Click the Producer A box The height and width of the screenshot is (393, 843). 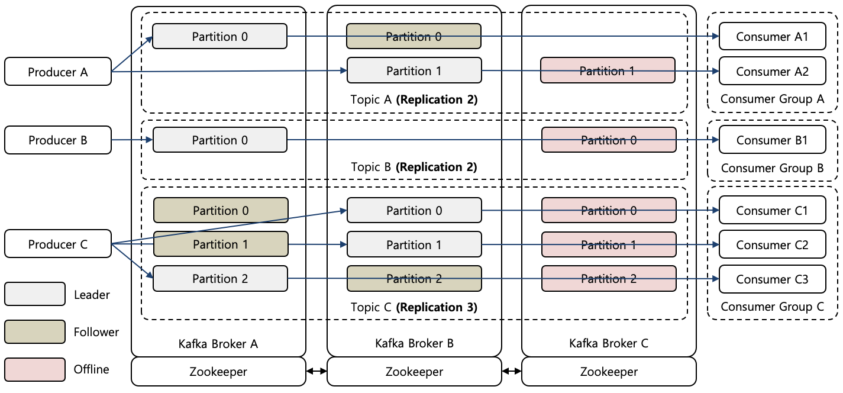click(x=57, y=72)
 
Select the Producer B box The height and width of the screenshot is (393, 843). click(x=57, y=140)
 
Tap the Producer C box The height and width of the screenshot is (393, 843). click(x=57, y=244)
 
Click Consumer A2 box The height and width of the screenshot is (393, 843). click(x=771, y=72)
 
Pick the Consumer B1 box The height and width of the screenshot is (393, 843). click(x=771, y=140)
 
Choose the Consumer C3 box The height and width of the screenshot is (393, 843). click(x=771, y=279)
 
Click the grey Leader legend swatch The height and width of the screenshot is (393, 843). click(x=34, y=294)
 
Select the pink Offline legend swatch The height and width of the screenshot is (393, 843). click(x=34, y=369)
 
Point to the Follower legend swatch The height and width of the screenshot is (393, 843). click(x=34, y=332)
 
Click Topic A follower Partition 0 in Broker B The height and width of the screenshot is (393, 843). click(x=414, y=36)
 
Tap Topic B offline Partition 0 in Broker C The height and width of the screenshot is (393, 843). click(x=608, y=140)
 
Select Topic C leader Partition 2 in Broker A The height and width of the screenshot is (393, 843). click(x=220, y=278)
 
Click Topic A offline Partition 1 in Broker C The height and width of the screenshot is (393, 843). click(x=607, y=71)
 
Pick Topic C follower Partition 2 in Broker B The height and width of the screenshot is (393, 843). click(x=414, y=279)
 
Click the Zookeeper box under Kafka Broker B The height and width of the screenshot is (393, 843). click(x=414, y=372)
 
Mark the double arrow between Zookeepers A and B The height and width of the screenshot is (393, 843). click(x=316, y=372)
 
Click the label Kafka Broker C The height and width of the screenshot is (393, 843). click(x=608, y=343)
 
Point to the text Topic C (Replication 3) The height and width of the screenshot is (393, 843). click(x=414, y=307)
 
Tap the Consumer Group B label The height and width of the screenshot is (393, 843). click(x=771, y=168)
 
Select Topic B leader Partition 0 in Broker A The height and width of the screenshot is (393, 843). click(x=220, y=140)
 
